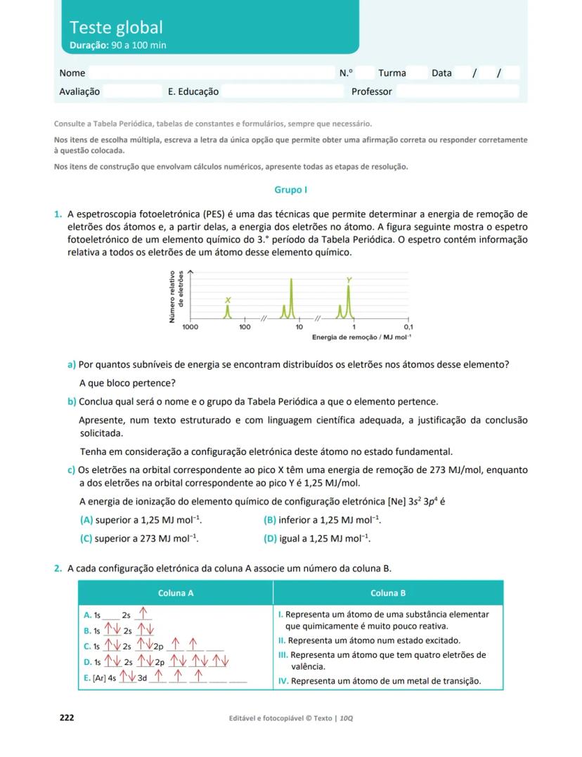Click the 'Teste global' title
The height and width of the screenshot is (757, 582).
(x=116, y=27)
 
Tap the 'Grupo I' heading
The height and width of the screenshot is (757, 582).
(x=290, y=190)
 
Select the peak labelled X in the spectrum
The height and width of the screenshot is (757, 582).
(x=227, y=312)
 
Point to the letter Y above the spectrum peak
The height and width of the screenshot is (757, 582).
(x=349, y=280)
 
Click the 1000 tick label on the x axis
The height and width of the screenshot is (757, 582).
(x=190, y=328)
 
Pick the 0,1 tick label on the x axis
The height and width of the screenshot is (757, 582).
(x=408, y=328)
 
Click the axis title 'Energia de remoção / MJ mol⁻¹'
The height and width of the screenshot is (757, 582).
(x=361, y=338)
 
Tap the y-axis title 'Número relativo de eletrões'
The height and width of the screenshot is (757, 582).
(x=176, y=297)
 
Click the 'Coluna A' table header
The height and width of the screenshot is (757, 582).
(x=176, y=593)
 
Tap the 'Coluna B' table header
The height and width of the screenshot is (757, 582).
(x=388, y=593)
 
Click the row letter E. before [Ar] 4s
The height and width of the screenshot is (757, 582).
(x=86, y=678)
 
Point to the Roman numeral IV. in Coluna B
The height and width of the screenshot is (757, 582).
(x=283, y=681)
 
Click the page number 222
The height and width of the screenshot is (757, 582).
(x=67, y=718)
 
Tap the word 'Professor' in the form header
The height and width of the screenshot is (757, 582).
(x=372, y=91)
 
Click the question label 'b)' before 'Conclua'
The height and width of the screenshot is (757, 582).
(x=72, y=402)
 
